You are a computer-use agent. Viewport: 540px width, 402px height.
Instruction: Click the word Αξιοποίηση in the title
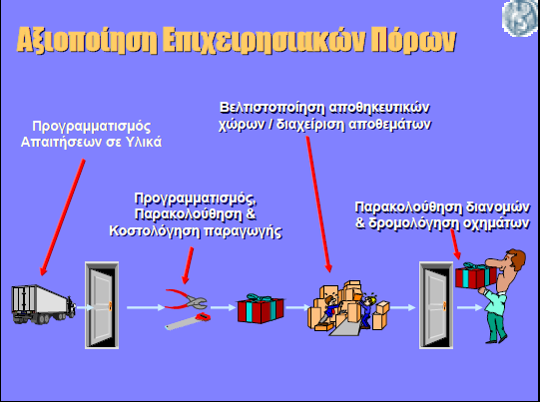pyautogui.click(x=87, y=40)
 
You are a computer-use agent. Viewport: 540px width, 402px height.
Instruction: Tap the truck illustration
pyautogui.click(x=43, y=304)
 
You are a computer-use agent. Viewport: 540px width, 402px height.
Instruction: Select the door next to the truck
pyautogui.click(x=102, y=305)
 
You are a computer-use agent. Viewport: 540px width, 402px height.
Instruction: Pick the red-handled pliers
pyautogui.click(x=187, y=299)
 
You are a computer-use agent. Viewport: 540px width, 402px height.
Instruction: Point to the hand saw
pyautogui.click(x=188, y=321)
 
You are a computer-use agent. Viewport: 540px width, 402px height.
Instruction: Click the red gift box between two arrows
pyautogui.click(x=261, y=308)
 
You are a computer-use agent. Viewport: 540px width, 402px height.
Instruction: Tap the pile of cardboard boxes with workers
pyautogui.click(x=348, y=308)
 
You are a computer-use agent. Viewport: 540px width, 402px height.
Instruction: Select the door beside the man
pyautogui.click(x=436, y=305)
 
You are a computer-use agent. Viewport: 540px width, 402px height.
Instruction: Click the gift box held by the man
pyautogui.click(x=475, y=275)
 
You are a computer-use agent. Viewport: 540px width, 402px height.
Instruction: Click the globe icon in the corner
pyautogui.click(x=521, y=17)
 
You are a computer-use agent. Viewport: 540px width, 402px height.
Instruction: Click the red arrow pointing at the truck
pyautogui.click(x=62, y=217)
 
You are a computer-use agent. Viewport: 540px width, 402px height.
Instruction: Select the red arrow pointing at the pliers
pyautogui.click(x=188, y=265)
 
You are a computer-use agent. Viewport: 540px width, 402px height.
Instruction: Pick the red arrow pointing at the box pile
pyautogui.click(x=318, y=204)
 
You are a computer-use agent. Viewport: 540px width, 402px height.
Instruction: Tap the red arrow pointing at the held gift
pyautogui.click(x=455, y=244)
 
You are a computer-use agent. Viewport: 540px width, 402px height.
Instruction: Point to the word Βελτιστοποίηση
pyautogui.click(x=272, y=108)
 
